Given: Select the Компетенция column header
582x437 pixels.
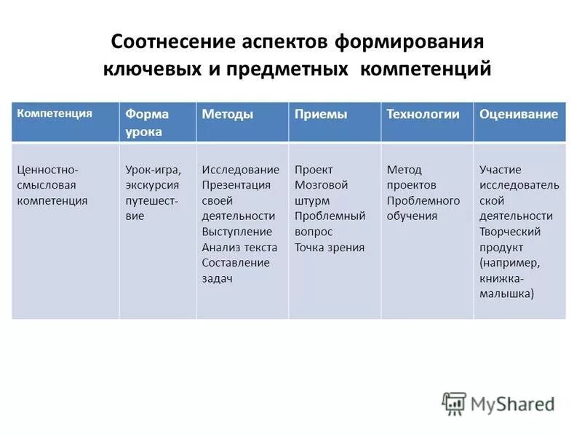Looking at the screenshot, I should pos(55,114).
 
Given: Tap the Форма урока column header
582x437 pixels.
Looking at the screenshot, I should pos(147,122).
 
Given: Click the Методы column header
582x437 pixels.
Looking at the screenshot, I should pos(227,114).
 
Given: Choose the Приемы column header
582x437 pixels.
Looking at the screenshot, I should pos(320,114).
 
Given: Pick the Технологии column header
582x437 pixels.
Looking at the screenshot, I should pos(423,114).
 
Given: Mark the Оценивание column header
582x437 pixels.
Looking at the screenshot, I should pos(519,114).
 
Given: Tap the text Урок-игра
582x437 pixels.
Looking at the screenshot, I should pos(153,170).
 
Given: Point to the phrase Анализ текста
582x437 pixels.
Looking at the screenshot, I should pos(239,247).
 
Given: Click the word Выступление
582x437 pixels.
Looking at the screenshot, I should pos(236,232).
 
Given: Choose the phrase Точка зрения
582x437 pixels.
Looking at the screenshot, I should pos(329,247).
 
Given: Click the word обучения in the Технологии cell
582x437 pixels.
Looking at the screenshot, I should pos(412,216).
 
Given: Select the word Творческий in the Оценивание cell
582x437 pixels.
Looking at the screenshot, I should pos(509,232).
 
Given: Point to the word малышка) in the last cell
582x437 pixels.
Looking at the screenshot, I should pos(506,294).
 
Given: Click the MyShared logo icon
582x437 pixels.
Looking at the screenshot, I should pos(454,403).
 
